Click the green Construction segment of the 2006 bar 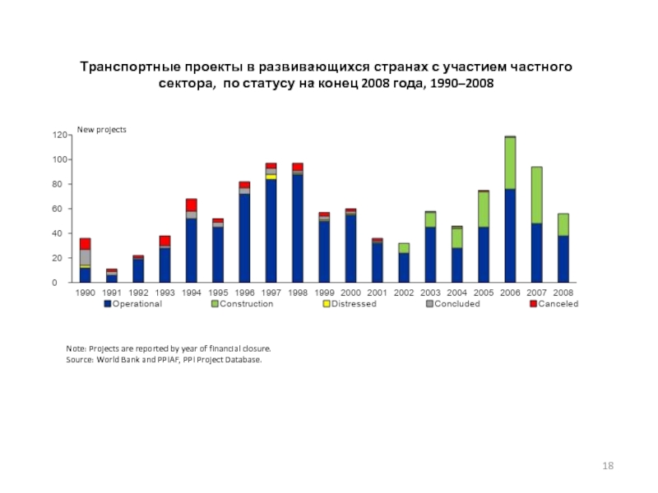pos(510,163)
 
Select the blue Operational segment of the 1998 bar pos(298,228)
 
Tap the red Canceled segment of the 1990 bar pos(86,243)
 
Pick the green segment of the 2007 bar pos(536,195)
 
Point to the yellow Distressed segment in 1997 pos(271,177)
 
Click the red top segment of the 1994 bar pos(192,205)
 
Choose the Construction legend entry pos(243,304)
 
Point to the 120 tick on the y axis pos(58,135)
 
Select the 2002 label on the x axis pos(403,293)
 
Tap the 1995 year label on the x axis pos(217,293)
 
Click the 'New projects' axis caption pos(102,130)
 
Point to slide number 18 pos(609,466)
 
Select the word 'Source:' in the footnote pos(81,360)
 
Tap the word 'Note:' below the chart pos(77,348)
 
